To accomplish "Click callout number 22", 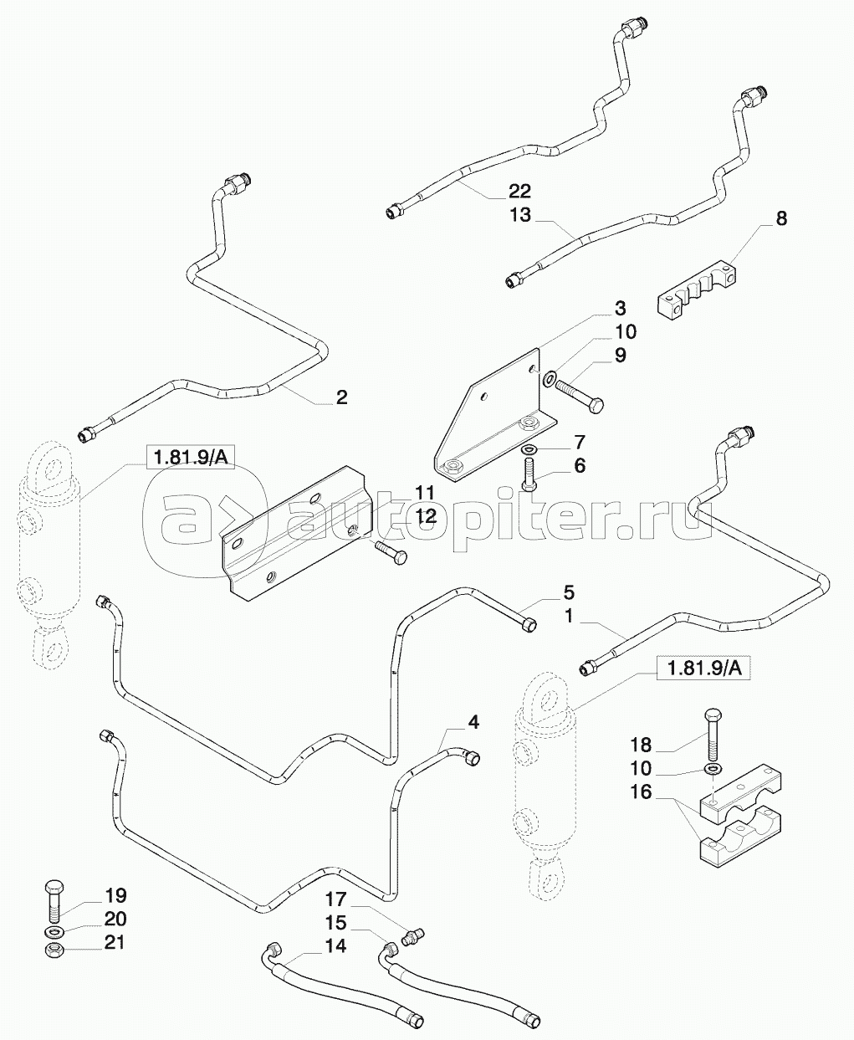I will pos(519,192).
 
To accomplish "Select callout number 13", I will pos(519,215).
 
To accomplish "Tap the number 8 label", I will pos(781,219).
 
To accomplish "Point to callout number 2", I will pos(341,397).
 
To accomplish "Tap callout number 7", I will pos(579,442).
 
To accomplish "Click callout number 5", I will pos(569,594).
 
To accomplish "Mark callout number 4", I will pos(473,721).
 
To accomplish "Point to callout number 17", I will pos(335,901).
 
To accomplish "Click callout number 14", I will pos(335,947).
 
